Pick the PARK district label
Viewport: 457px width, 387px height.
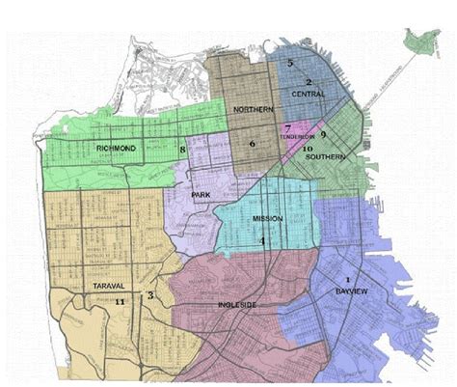[x=201, y=195]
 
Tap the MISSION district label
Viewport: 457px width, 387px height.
[x=268, y=219]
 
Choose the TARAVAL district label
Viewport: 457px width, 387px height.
[x=91, y=286]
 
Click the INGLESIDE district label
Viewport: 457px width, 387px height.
[x=236, y=304]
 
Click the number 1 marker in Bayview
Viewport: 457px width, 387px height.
[x=346, y=278]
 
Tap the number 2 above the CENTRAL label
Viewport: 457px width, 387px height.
[x=309, y=81]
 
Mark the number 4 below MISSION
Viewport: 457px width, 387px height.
[x=262, y=241]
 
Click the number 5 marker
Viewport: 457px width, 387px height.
[x=289, y=63]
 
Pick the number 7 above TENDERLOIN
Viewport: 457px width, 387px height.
[x=287, y=127]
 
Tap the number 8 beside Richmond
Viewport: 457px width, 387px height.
[x=182, y=150]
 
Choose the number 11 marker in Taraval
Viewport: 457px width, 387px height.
[x=120, y=302]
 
